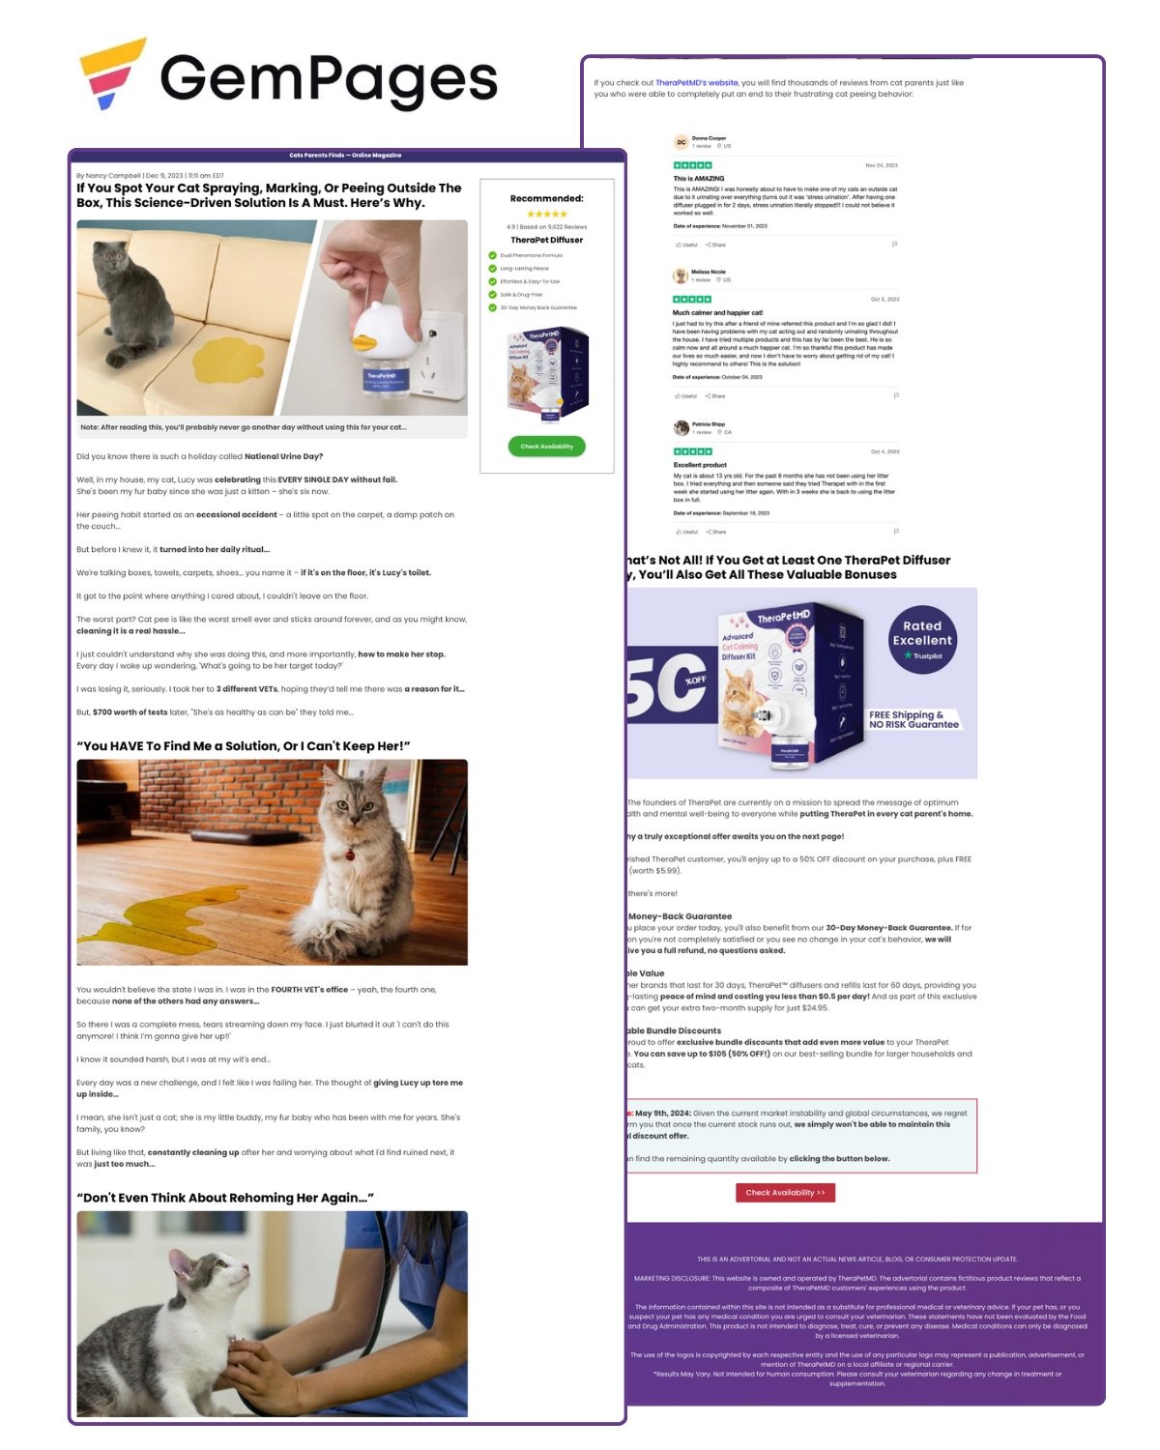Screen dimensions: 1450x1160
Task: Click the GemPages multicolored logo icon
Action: point(111,73)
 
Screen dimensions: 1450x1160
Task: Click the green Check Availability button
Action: point(546,447)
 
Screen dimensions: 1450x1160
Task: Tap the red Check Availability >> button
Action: point(785,1192)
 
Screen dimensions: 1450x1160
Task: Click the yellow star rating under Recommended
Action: point(546,215)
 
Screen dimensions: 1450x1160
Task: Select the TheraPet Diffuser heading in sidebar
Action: point(546,240)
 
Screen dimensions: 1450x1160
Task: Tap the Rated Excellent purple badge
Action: point(922,638)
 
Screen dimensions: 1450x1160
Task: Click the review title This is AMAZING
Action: point(699,179)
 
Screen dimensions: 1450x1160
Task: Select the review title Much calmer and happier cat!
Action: point(717,313)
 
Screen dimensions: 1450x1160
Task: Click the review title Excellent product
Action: point(700,465)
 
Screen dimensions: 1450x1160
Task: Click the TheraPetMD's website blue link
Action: point(696,83)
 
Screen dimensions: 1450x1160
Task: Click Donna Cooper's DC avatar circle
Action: point(681,142)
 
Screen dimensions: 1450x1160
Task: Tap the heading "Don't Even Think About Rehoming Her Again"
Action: point(225,1198)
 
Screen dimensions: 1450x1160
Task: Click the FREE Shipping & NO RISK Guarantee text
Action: point(913,719)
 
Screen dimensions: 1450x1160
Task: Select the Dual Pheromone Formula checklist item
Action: point(531,255)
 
